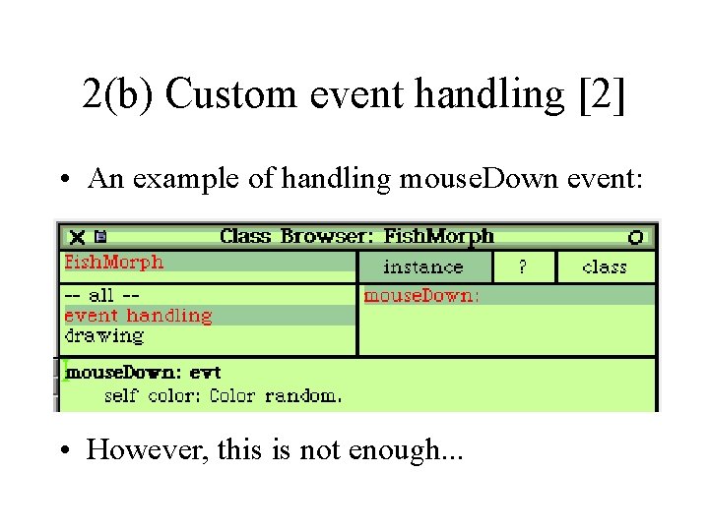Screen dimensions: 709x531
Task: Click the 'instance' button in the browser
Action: point(422,266)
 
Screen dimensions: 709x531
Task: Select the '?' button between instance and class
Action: point(523,266)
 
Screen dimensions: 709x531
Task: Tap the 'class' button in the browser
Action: point(605,266)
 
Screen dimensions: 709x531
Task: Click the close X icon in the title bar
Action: point(78,237)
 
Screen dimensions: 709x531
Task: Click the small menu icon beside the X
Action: point(99,237)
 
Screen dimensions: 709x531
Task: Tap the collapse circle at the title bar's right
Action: point(635,237)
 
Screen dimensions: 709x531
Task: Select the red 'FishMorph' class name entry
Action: point(114,262)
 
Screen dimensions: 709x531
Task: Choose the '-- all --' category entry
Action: point(102,295)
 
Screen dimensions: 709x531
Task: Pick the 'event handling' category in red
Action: point(138,316)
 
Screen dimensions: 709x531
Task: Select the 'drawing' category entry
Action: point(103,335)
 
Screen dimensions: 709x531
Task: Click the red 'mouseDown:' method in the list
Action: point(421,295)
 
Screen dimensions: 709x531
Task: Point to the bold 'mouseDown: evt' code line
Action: point(143,373)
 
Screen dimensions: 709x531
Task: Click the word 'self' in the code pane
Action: point(121,395)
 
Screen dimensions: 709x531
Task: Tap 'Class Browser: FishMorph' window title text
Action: point(356,236)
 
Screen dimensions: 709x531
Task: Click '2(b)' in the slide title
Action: point(118,94)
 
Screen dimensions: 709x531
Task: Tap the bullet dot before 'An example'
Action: point(64,180)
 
